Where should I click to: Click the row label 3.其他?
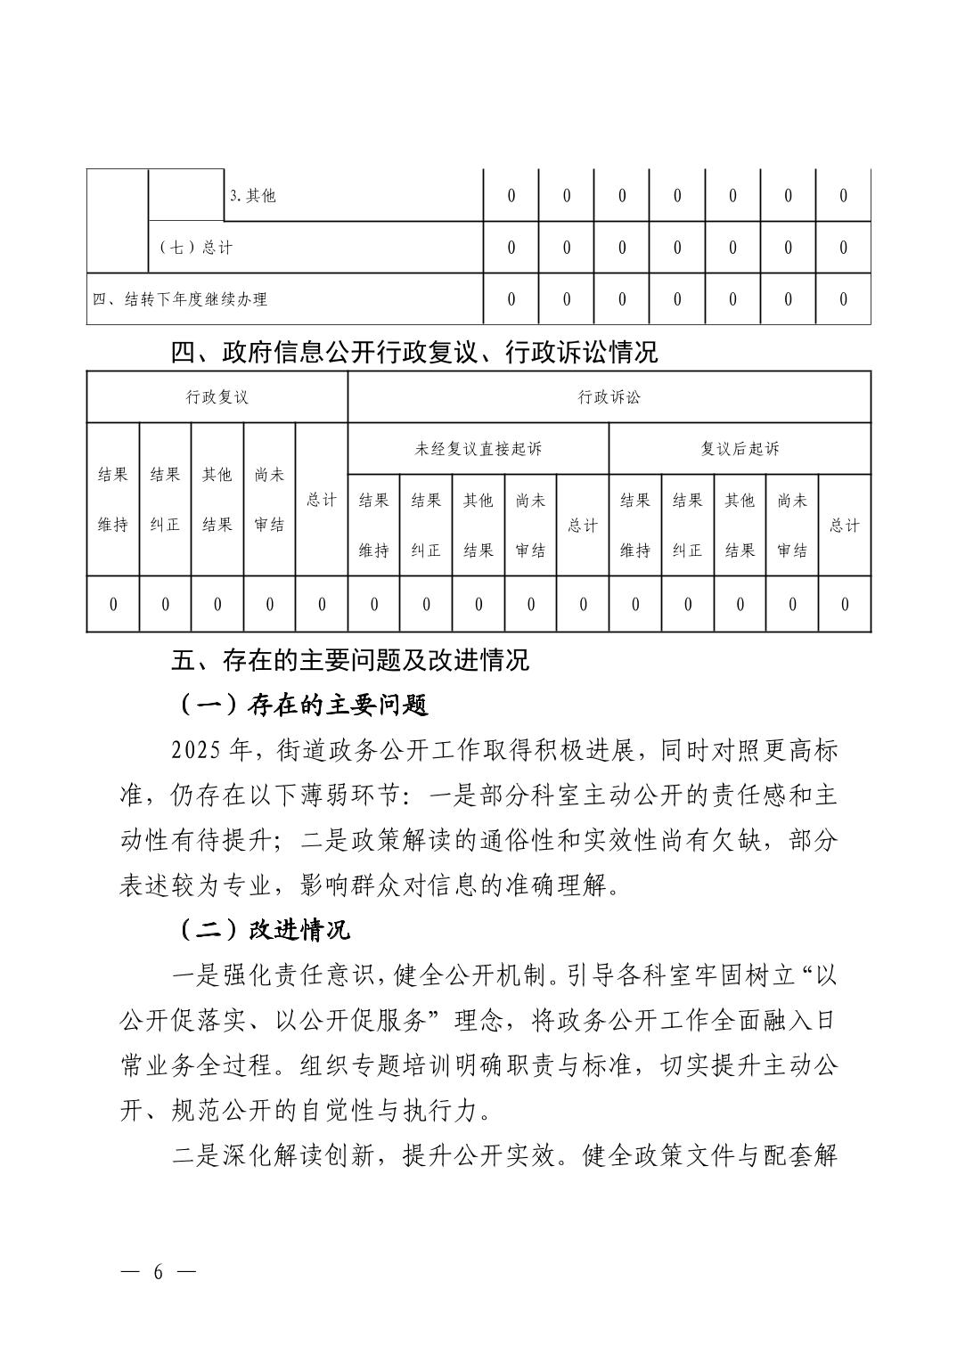(x=253, y=196)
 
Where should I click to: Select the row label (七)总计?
(x=195, y=248)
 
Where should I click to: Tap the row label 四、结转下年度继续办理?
(x=180, y=299)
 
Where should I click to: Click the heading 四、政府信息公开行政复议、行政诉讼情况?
(x=414, y=353)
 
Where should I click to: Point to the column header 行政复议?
(x=217, y=397)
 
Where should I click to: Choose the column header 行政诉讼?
(x=609, y=397)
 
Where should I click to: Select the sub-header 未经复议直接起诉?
(x=478, y=449)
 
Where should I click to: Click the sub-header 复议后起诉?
(x=740, y=449)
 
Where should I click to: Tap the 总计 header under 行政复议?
(x=322, y=500)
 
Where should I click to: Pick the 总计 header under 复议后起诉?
(x=844, y=526)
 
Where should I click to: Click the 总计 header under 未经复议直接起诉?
(x=583, y=526)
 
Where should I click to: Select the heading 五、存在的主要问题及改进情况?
(x=350, y=660)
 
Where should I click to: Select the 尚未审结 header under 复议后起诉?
(x=792, y=526)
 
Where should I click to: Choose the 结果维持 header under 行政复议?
(x=113, y=500)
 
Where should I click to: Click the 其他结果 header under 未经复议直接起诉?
(x=478, y=526)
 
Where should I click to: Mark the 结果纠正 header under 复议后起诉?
(x=688, y=526)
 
